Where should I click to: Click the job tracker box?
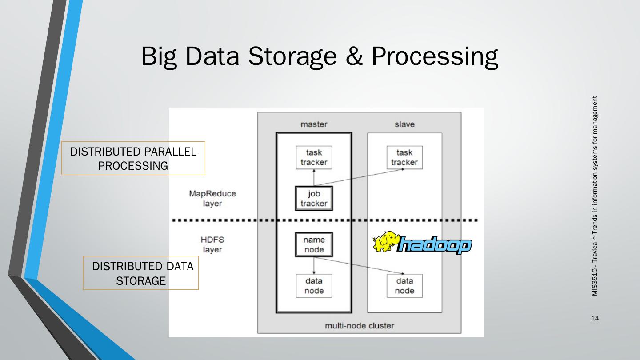point(314,198)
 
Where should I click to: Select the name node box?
point(314,244)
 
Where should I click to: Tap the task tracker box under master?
point(314,157)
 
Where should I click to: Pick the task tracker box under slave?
point(404,157)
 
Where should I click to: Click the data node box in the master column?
point(314,286)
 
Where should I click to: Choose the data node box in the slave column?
point(404,286)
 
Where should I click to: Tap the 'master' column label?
point(314,124)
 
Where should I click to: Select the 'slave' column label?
point(404,124)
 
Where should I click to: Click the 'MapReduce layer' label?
point(212,198)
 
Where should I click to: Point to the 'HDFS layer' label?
point(212,244)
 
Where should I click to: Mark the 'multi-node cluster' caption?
point(360,325)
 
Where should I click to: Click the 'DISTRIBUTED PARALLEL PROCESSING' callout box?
point(133,158)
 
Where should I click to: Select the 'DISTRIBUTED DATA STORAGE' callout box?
point(141,273)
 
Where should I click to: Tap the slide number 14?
point(595,318)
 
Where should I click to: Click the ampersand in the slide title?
point(354,56)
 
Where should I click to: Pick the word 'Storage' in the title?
point(292,56)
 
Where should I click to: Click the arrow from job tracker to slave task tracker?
point(359,178)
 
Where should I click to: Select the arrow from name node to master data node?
point(314,266)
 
